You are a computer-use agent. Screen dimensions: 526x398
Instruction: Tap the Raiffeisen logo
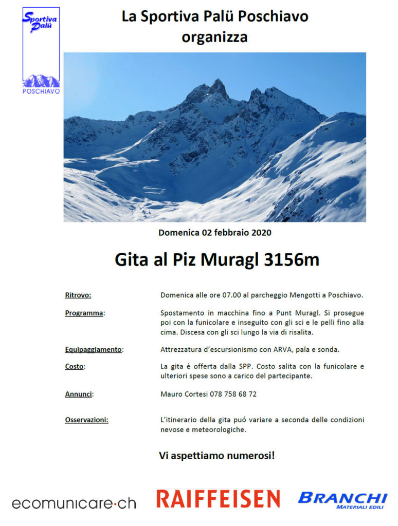point(218,499)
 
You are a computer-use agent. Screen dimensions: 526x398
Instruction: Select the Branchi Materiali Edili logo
point(342,500)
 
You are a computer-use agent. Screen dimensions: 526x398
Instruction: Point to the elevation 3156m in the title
point(291,260)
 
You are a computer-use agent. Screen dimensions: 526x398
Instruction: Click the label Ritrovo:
point(78,295)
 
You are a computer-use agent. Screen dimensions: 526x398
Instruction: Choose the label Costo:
point(75,367)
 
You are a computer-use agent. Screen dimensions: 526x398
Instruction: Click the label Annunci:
point(80,394)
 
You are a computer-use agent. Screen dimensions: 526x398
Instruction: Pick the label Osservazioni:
point(86,420)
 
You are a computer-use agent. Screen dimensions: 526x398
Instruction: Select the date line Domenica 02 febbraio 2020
point(214,233)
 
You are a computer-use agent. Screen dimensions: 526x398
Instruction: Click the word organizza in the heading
point(214,37)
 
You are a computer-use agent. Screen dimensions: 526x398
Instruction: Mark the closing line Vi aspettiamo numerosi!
point(216,455)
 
